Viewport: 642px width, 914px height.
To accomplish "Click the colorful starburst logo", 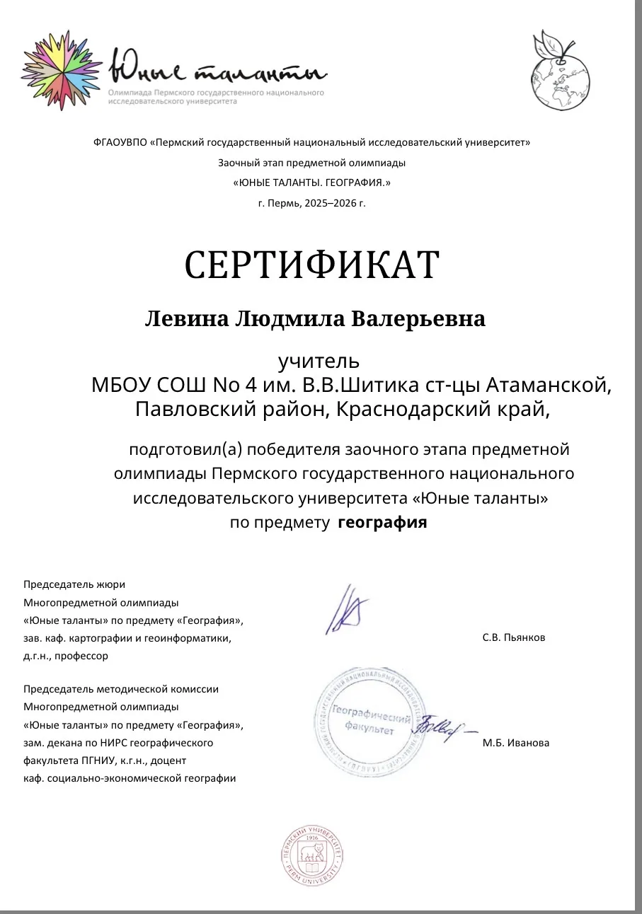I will click(62, 71).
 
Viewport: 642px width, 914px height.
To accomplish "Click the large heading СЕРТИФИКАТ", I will click(312, 265).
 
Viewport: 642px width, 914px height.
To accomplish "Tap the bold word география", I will click(382, 523).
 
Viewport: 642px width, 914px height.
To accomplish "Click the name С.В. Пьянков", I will click(514, 637).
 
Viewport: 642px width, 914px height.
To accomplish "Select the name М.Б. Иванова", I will click(516, 743).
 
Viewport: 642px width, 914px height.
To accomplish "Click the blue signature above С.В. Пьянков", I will click(346, 610).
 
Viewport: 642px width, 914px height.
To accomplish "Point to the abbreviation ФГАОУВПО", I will click(120, 142).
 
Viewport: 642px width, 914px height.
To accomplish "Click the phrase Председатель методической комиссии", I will click(121, 688).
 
